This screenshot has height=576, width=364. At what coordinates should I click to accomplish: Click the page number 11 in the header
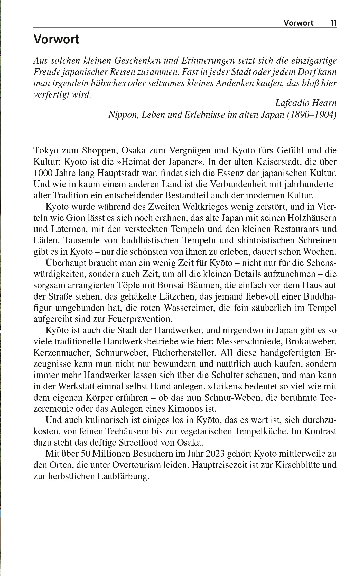(x=333, y=23)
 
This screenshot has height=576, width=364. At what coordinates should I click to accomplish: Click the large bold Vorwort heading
(x=57, y=40)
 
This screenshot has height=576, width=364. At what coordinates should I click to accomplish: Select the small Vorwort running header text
(x=298, y=23)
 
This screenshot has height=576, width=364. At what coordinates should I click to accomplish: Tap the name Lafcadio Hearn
(x=306, y=103)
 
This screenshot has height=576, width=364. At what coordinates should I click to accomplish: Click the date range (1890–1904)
(x=310, y=115)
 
